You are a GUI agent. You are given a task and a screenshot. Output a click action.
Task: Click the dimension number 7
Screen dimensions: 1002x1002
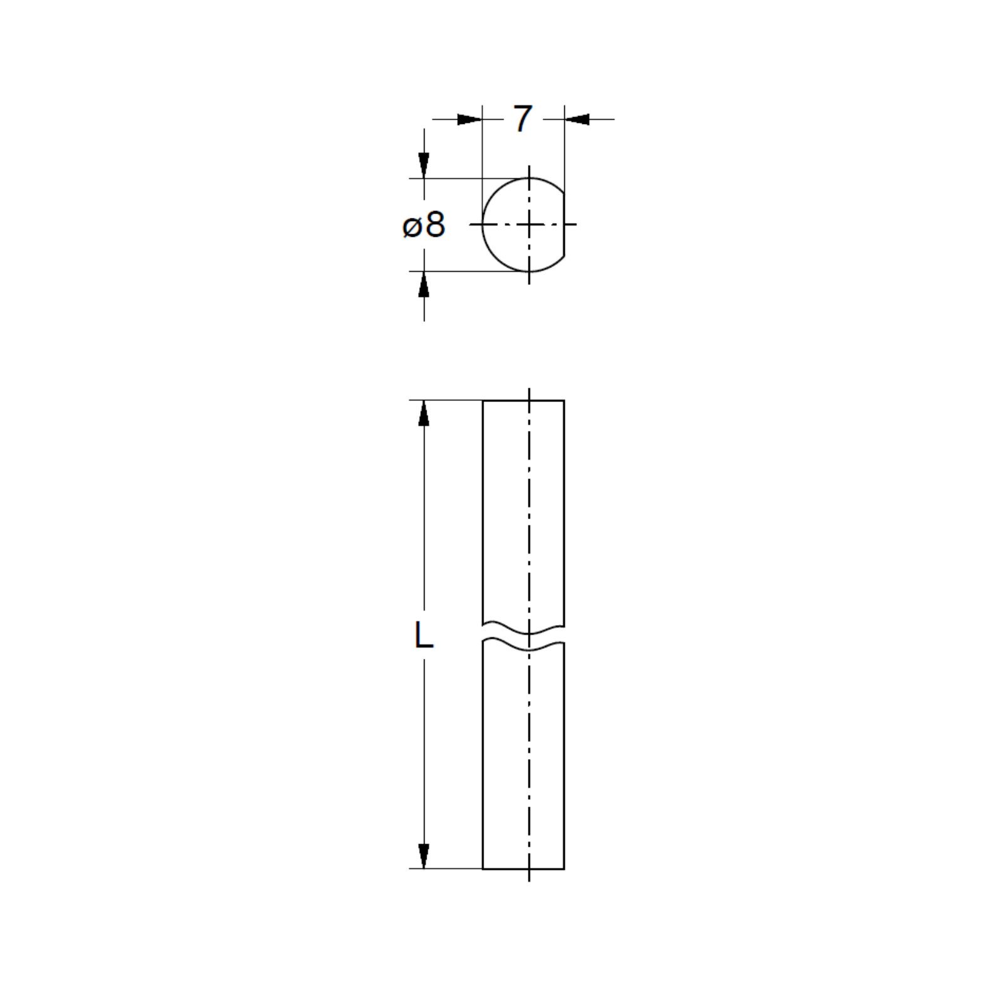coord(523,119)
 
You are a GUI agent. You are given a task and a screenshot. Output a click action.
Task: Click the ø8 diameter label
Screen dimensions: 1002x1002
coord(424,225)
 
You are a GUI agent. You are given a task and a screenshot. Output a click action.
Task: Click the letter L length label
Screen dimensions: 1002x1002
coord(424,636)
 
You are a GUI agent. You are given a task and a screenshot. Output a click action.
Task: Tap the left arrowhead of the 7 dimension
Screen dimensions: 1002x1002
coord(470,119)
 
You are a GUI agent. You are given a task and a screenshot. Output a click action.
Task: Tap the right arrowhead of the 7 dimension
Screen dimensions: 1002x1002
coord(577,119)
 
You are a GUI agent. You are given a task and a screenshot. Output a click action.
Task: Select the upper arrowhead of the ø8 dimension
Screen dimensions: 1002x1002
coord(424,165)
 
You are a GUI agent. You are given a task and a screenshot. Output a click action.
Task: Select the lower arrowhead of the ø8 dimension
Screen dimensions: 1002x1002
coord(424,285)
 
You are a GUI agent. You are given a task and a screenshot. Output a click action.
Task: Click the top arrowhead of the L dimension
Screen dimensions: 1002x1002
coord(424,413)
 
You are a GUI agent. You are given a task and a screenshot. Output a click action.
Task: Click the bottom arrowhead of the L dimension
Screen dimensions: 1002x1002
coord(424,855)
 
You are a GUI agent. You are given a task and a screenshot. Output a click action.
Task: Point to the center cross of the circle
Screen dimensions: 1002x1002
coord(530,224)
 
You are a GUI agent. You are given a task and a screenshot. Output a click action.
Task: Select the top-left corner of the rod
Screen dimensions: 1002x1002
coord(483,400)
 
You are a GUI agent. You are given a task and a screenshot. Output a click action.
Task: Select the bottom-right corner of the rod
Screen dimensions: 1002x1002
coord(564,869)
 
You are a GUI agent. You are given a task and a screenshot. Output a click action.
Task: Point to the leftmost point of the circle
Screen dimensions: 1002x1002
coord(483,224)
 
